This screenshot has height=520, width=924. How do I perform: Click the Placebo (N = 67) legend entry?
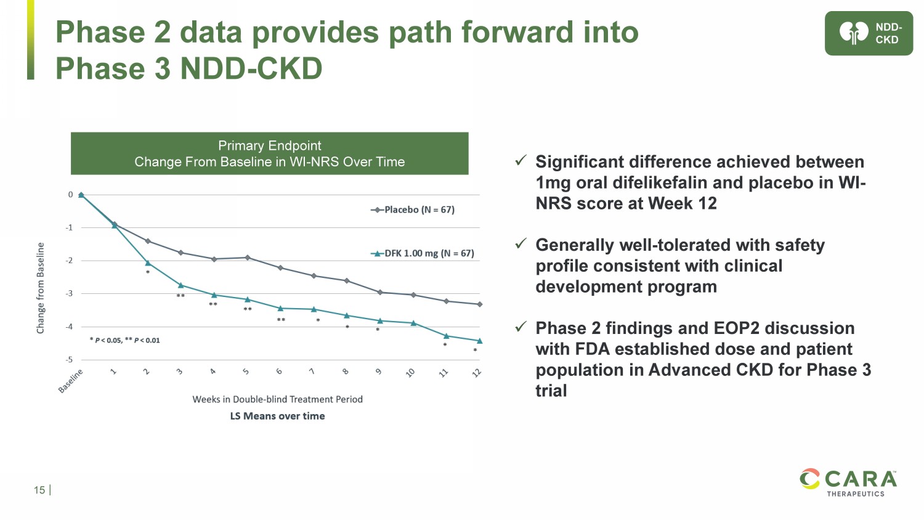click(x=413, y=210)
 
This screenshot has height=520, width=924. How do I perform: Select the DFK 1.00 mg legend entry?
click(x=423, y=253)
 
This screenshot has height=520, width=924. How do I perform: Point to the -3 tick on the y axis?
click(x=70, y=294)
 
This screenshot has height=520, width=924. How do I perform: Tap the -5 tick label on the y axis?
click(x=70, y=360)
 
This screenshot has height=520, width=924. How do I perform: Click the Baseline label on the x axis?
click(x=71, y=380)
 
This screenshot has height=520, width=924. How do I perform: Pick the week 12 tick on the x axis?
click(x=477, y=372)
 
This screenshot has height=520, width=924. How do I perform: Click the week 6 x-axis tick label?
click(x=279, y=372)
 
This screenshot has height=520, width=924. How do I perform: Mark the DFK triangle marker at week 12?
click(x=480, y=341)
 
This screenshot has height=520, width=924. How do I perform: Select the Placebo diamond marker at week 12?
click(x=480, y=304)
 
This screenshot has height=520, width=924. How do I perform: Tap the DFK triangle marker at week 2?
click(x=148, y=263)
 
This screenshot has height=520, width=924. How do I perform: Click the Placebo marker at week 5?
click(x=248, y=258)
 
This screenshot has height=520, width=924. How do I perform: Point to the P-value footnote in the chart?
click(x=125, y=340)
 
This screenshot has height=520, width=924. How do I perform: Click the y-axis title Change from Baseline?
click(x=41, y=288)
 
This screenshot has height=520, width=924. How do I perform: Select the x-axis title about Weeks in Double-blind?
click(x=277, y=399)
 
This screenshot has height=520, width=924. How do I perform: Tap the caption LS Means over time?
click(x=277, y=416)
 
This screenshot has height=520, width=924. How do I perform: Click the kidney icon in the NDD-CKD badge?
click(x=853, y=33)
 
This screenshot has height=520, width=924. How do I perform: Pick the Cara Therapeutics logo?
click(x=848, y=482)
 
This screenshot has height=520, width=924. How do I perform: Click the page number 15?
click(x=39, y=490)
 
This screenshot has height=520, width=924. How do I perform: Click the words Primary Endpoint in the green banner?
click(x=269, y=145)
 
